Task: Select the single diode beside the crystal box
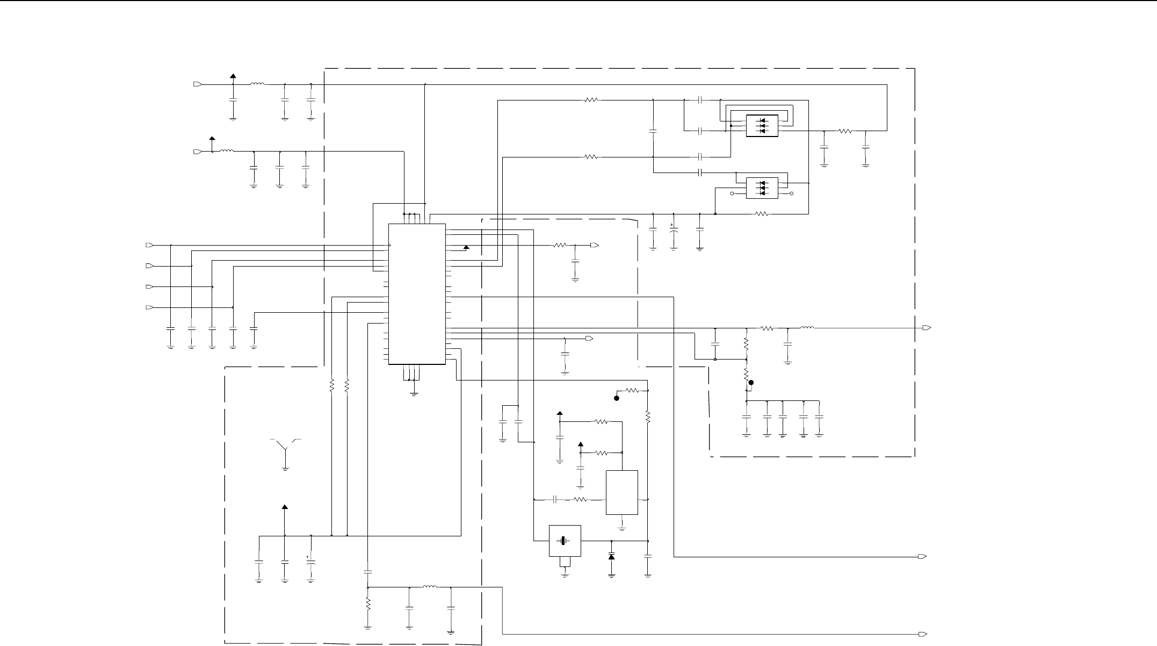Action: coord(611,557)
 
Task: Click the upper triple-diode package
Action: coord(762,126)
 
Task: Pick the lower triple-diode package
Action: coord(762,188)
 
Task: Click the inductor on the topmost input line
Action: coord(257,84)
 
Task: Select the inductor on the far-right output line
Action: coord(807,327)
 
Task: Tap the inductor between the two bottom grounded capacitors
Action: coord(430,587)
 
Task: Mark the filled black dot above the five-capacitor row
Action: coord(751,383)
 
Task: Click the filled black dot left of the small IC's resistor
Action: coord(617,398)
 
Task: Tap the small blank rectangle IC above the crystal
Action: coord(622,492)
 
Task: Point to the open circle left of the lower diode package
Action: coord(732,193)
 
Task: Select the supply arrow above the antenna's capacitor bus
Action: coord(285,507)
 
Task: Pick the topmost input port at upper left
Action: coord(197,84)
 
